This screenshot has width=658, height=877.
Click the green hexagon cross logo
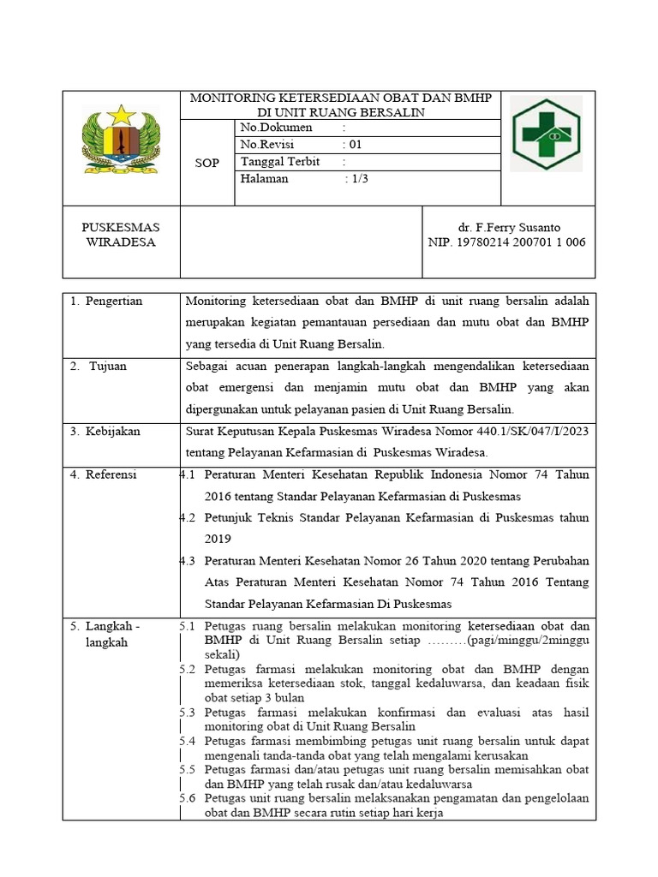click(x=546, y=133)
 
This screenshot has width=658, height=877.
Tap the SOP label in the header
click(x=206, y=163)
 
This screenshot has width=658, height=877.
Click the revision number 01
click(x=355, y=145)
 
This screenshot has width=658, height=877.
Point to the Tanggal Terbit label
click(x=280, y=162)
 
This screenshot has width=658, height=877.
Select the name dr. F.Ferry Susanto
click(x=508, y=228)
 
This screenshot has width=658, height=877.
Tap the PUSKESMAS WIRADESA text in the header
click(x=121, y=235)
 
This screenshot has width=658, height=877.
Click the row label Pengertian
click(x=114, y=301)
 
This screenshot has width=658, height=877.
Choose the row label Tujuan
click(x=108, y=366)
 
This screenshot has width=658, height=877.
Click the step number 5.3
click(x=188, y=712)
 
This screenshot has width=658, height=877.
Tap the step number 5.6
click(x=188, y=798)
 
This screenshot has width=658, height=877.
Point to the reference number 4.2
click(x=188, y=517)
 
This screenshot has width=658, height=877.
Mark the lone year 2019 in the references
click(x=218, y=539)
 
